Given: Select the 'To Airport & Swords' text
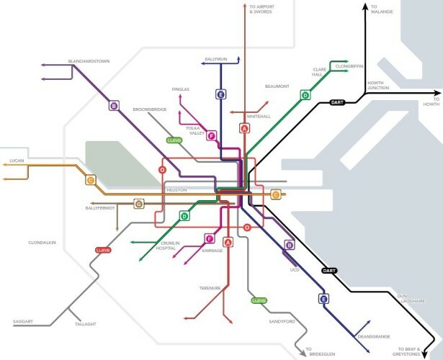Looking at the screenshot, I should click(262, 9).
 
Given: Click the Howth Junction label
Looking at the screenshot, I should click(380, 86).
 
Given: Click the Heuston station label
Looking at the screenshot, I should click(176, 190).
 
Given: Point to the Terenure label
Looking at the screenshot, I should click(210, 288).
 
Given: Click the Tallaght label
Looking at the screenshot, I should click(86, 325).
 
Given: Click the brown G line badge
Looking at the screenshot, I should click(139, 204).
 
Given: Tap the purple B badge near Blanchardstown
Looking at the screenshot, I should click(114, 106).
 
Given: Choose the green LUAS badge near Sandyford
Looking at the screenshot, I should click(259, 300).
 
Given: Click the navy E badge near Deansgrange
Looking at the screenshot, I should click(323, 299).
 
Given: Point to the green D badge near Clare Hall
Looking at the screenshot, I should click(305, 94).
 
